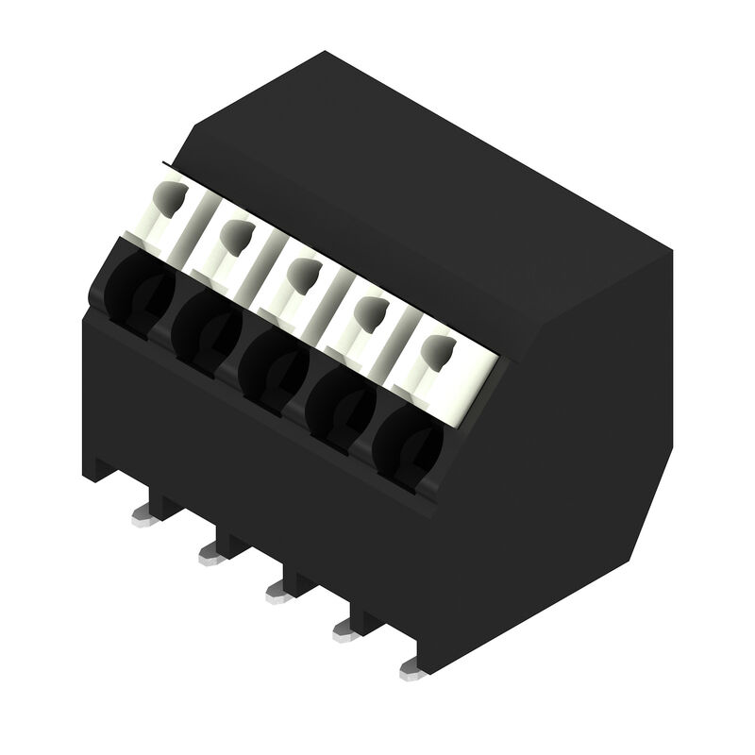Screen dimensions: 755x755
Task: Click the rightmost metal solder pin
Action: [411, 669]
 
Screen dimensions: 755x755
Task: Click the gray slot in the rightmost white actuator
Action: [437, 352]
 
